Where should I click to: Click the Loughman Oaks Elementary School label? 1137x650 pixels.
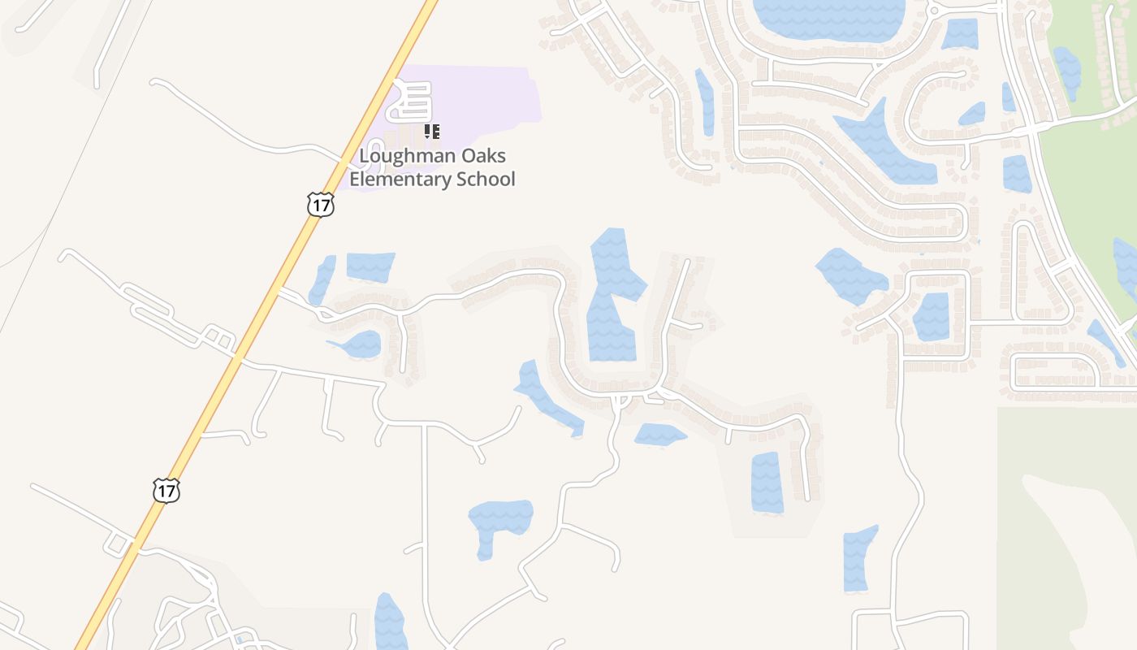[432, 167]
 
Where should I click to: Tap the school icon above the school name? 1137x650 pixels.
[432, 131]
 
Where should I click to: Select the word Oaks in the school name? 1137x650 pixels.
[484, 156]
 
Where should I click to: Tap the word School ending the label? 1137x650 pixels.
[484, 179]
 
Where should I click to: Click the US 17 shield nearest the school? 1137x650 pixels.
[321, 205]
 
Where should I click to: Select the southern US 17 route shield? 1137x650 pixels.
[166, 491]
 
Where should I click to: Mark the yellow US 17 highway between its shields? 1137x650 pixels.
[244, 345]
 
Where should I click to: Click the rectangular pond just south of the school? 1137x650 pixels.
[370, 266]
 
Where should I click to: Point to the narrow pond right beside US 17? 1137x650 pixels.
[322, 280]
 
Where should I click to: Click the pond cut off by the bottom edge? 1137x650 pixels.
[390, 624]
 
